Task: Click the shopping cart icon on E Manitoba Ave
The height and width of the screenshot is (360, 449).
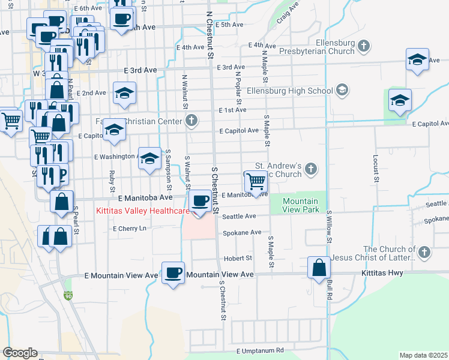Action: tap(256, 181)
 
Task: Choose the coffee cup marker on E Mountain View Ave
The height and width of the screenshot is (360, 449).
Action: tap(173, 273)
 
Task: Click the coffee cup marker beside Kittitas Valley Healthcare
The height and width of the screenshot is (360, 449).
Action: tap(200, 200)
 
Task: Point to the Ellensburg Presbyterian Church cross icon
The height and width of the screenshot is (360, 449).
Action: tap(363, 45)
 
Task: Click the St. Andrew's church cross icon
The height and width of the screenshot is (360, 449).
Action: tap(311, 169)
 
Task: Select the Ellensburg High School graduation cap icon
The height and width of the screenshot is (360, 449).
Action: tap(342, 91)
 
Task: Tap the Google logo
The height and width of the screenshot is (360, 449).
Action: tap(19, 353)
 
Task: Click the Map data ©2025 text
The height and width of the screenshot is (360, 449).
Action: tap(423, 355)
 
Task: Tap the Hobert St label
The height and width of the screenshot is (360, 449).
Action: tap(237, 258)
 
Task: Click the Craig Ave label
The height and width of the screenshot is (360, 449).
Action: tap(288, 16)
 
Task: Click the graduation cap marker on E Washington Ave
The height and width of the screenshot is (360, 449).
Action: tap(150, 158)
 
